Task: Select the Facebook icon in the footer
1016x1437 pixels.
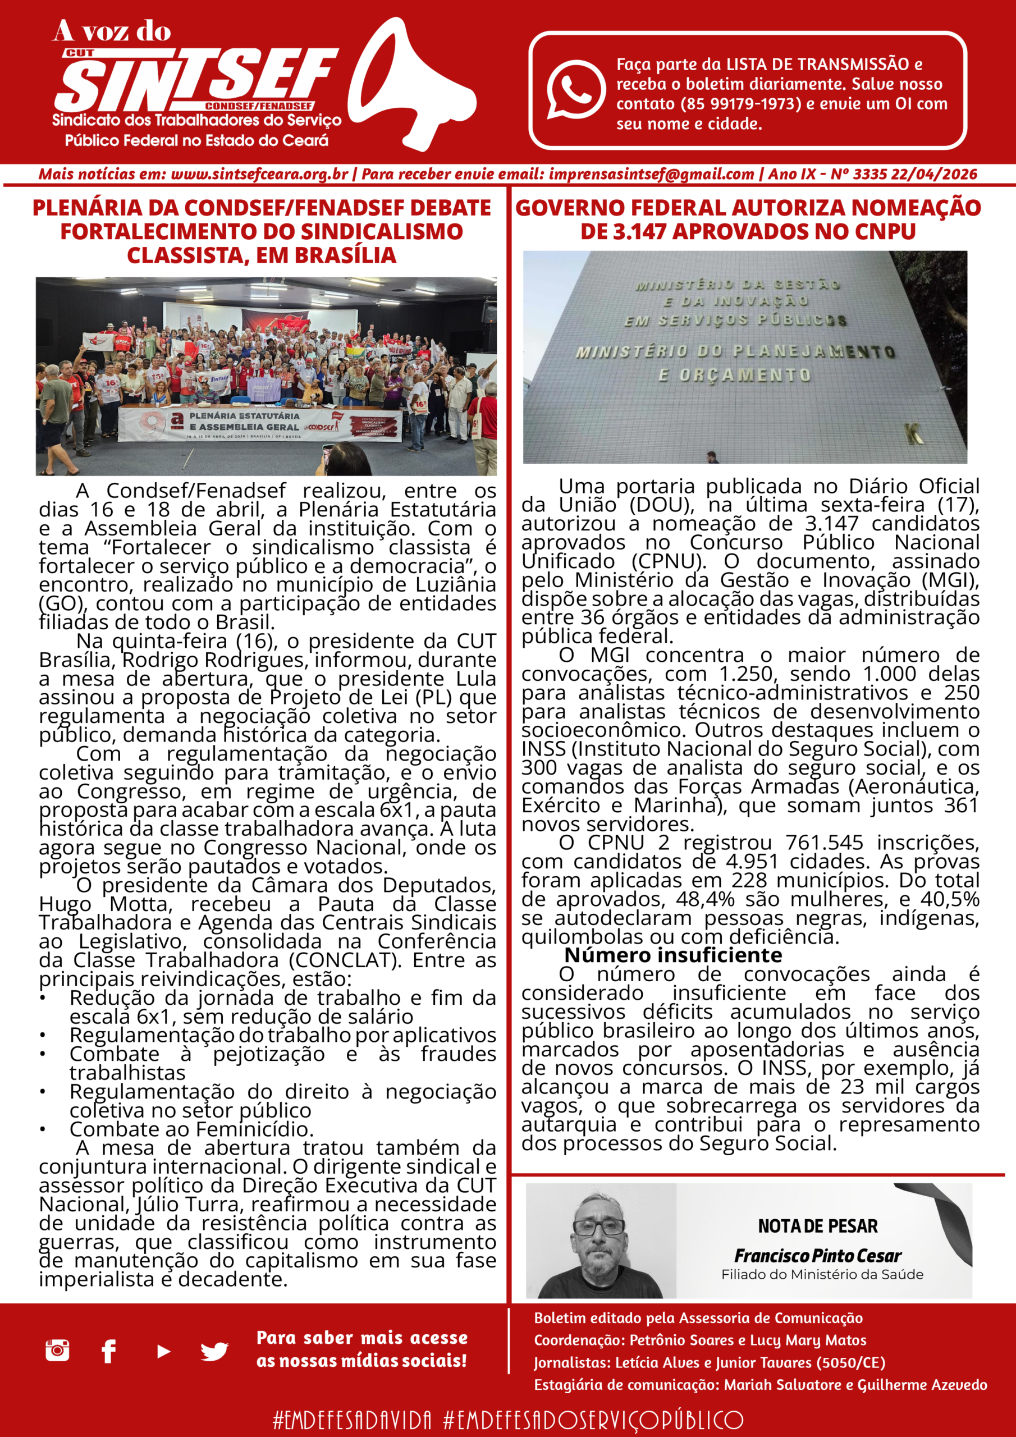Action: pyautogui.click(x=108, y=1351)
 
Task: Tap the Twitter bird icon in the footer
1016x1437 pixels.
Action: pyautogui.click(x=214, y=1351)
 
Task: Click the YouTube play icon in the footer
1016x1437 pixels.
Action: pyautogui.click(x=163, y=1351)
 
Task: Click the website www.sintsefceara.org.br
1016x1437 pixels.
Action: pyautogui.click(x=259, y=175)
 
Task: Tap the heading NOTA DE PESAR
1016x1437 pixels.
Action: pyautogui.click(x=817, y=1226)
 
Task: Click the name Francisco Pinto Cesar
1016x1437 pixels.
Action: pyautogui.click(x=817, y=1256)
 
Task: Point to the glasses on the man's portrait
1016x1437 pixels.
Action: pyautogui.click(x=599, y=1227)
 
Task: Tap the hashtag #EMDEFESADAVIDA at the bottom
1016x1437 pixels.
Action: pyautogui.click(x=353, y=1420)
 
